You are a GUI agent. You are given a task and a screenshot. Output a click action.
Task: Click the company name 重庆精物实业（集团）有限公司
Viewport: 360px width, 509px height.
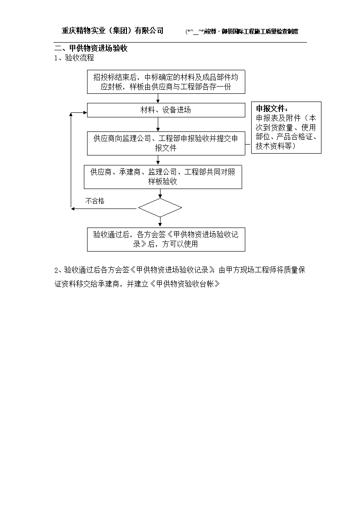112,30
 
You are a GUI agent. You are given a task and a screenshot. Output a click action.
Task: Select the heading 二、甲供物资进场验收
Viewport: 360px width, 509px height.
91,48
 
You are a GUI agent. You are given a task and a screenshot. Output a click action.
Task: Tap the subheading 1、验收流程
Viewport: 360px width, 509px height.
74,58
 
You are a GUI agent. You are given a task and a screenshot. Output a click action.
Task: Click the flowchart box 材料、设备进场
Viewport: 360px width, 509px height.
166,110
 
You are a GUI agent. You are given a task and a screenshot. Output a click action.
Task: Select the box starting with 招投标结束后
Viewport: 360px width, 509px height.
166,82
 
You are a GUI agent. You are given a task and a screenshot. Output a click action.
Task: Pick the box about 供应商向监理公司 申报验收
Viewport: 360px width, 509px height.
166,143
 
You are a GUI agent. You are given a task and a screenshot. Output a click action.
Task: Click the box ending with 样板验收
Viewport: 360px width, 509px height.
163,177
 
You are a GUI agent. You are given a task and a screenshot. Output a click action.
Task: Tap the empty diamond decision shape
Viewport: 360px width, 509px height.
160,208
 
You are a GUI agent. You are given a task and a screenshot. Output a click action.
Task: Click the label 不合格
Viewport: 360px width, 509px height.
95,201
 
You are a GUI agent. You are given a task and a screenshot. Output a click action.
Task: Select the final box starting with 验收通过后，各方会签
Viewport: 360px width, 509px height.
166,239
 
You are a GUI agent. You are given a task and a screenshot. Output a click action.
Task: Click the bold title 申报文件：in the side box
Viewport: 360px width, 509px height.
272,108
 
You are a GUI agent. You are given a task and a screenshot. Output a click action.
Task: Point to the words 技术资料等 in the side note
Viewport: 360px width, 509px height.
274,146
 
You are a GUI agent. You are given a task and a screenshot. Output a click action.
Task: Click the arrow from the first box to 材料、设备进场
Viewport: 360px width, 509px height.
158,98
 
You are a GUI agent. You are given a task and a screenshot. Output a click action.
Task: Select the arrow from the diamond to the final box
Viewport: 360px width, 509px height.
160,222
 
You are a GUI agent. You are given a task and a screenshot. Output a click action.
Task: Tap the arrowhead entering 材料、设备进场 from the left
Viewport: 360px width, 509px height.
85,113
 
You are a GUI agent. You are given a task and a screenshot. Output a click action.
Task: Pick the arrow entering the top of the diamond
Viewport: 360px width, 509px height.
160,194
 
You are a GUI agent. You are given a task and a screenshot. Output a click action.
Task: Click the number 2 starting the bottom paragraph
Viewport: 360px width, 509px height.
56,271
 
